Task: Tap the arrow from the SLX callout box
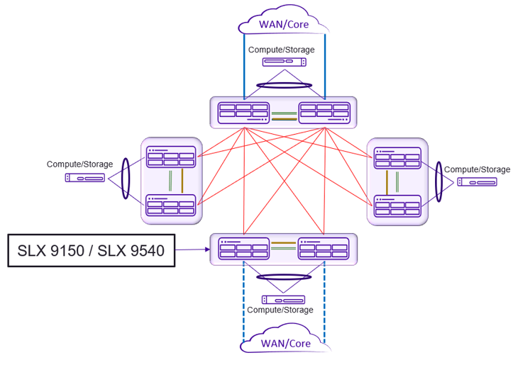pos(192,249)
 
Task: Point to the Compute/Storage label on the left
pos(79,164)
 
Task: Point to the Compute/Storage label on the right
pos(477,169)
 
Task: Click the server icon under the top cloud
pos(284,62)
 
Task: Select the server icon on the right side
pos(477,182)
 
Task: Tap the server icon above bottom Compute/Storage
pos(283,300)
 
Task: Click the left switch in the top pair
pos(244,111)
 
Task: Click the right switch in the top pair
pos(324,111)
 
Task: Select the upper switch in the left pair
pos(170,158)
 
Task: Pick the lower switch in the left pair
pos(170,205)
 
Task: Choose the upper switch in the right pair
pos(397,158)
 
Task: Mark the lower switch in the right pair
pos(397,205)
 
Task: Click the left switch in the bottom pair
pos(244,249)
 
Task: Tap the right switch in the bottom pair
pos(324,249)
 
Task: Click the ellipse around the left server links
pos(127,178)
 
